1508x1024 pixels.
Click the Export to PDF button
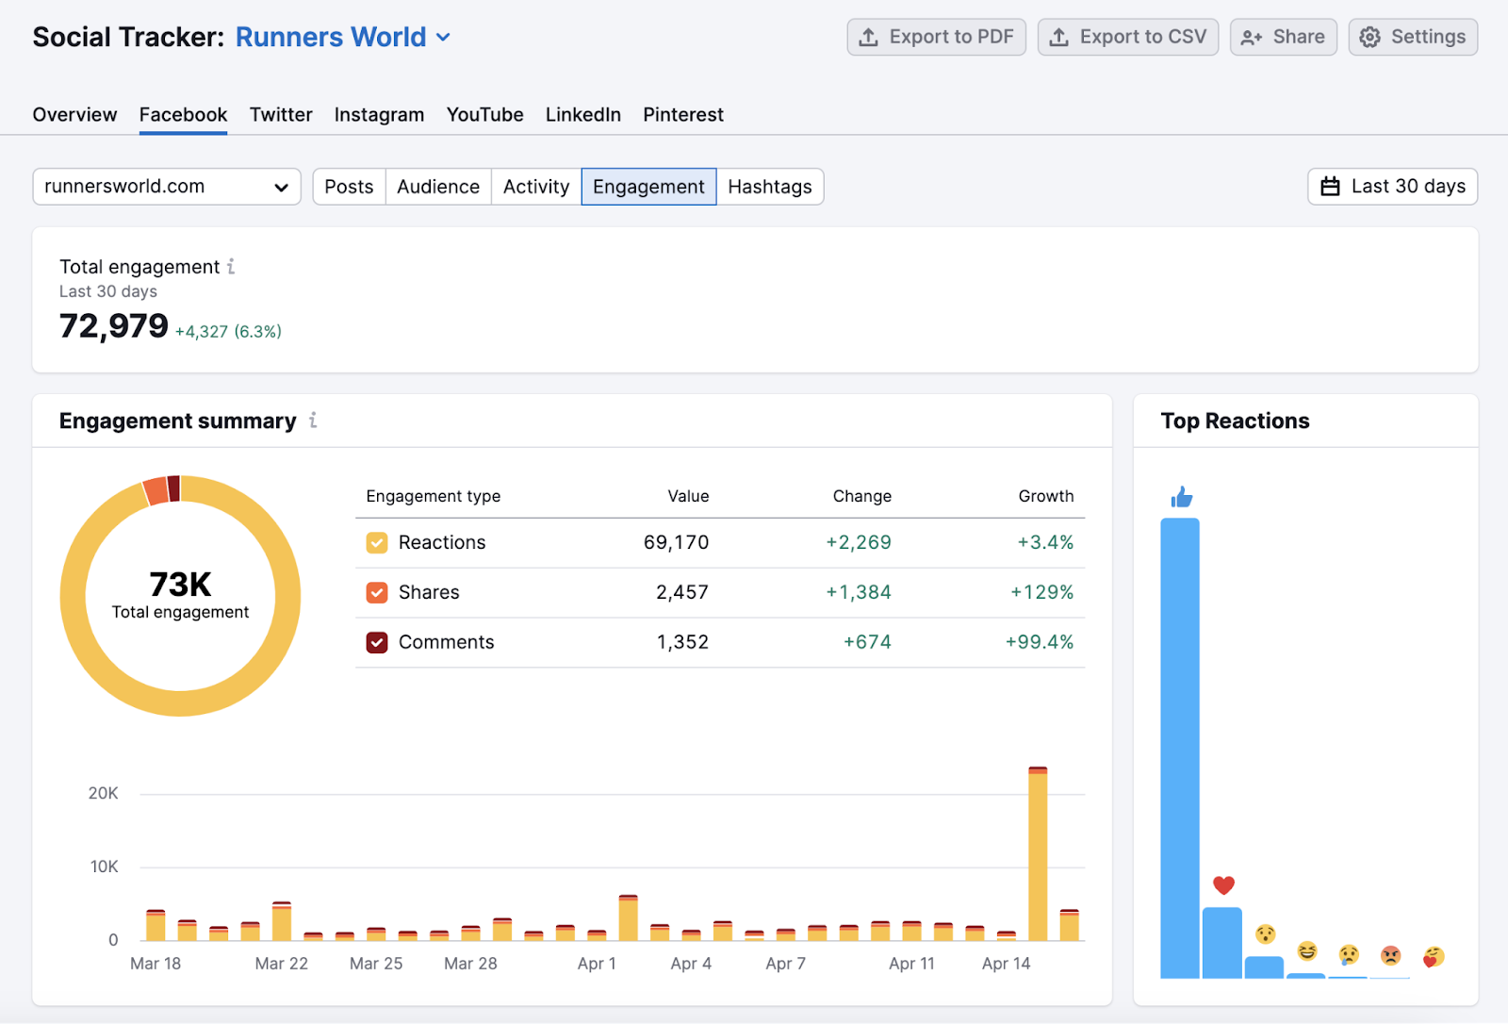click(936, 38)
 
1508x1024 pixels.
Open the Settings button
click(1413, 38)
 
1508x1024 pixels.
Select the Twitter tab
click(281, 115)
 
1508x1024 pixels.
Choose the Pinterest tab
click(683, 115)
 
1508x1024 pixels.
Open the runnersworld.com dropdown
click(167, 187)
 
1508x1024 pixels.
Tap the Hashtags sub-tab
click(769, 187)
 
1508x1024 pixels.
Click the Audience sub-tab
click(438, 187)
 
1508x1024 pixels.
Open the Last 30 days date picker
click(1392, 187)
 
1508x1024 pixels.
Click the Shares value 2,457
click(682, 592)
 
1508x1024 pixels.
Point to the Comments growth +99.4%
click(1040, 642)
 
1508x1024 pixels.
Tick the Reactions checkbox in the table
click(377, 543)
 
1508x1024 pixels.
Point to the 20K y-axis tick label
click(104, 794)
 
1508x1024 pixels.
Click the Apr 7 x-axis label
click(785, 964)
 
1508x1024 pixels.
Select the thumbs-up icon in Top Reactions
click(1181, 497)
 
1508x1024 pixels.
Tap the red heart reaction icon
click(1223, 884)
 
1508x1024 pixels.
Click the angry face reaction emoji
click(1390, 955)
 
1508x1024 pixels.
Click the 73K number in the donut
click(180, 585)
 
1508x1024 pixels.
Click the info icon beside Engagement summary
click(313, 421)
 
